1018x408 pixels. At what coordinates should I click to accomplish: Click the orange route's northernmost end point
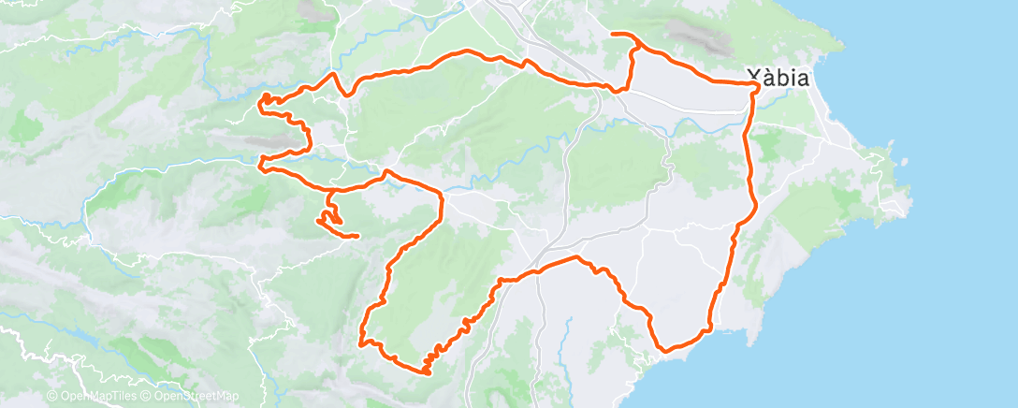click(613, 35)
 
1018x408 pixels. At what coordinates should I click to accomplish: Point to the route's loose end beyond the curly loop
click(357, 236)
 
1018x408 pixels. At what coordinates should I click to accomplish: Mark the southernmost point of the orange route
click(427, 373)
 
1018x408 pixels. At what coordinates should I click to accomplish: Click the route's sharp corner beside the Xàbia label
click(756, 85)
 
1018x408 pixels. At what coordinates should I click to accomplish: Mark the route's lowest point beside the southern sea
click(666, 350)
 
